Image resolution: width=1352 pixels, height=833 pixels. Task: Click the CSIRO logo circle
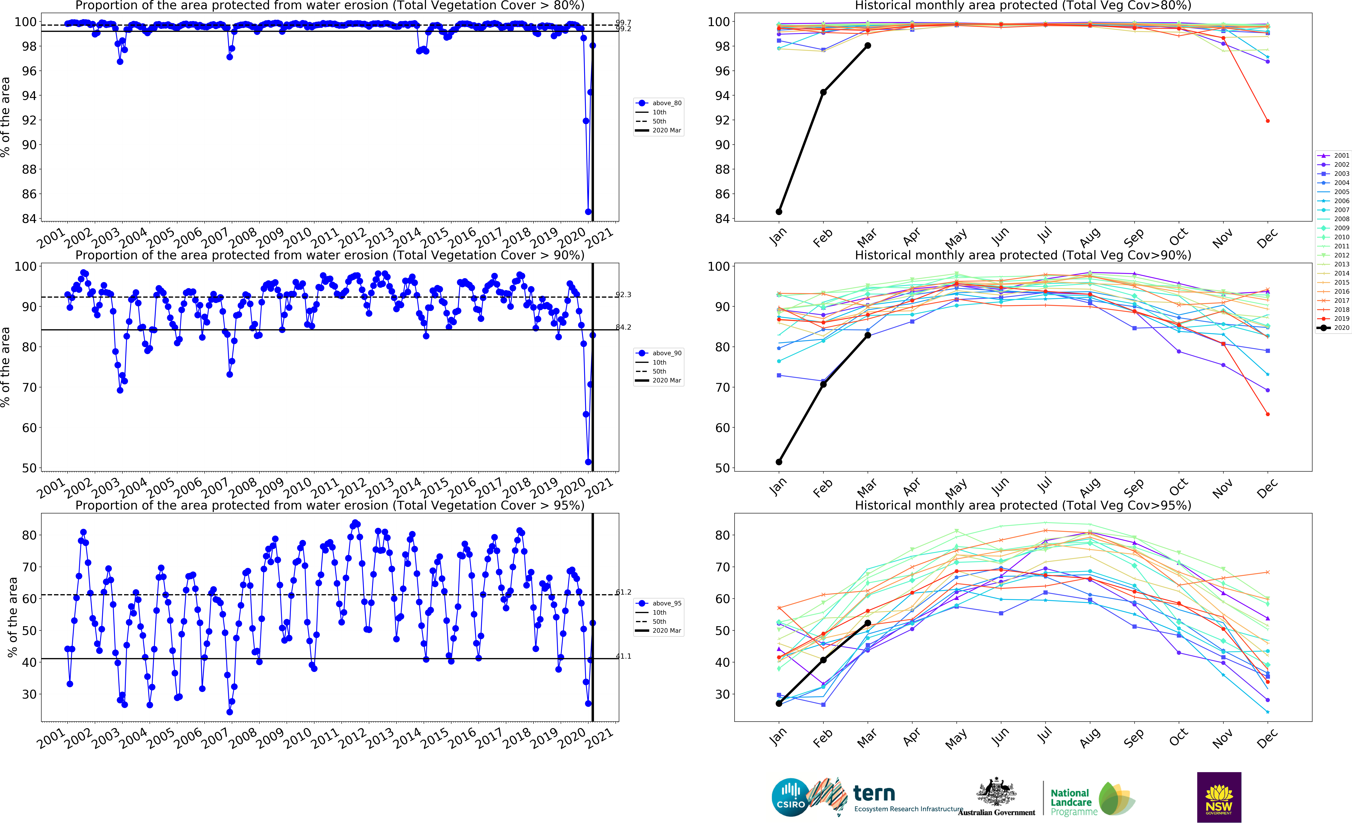791,797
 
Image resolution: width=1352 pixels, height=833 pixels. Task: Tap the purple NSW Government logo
1219,797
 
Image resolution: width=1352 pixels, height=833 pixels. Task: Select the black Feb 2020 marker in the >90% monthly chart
823,384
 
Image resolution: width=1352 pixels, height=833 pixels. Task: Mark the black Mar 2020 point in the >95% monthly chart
868,623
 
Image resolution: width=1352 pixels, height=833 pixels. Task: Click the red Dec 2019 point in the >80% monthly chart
1268,121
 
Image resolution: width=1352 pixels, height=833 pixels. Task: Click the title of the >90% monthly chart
1023,255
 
